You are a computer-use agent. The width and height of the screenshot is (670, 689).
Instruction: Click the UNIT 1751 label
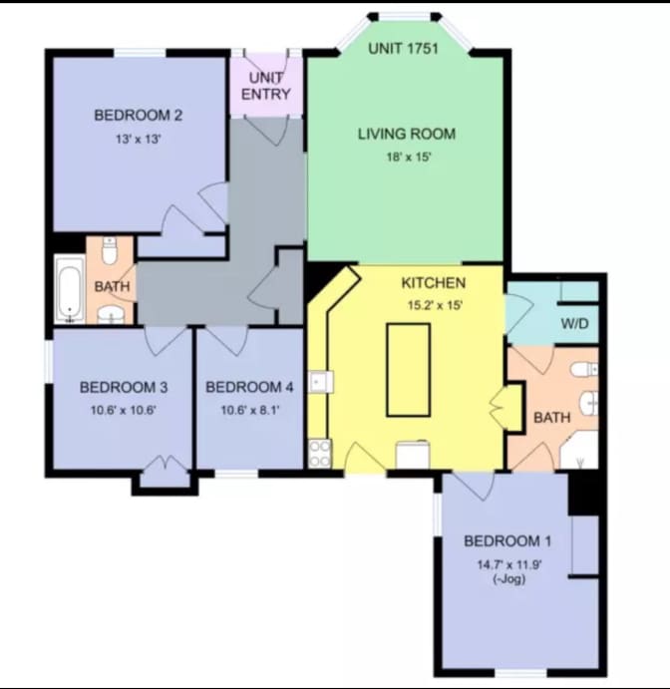pos(404,49)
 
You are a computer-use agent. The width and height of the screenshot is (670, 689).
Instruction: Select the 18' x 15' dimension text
pos(407,158)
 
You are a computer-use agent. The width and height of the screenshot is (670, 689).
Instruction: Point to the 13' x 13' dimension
pos(138,140)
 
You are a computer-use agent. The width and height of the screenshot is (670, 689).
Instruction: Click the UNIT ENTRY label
pos(265,86)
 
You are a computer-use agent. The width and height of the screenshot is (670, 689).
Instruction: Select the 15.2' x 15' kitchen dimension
pos(435,306)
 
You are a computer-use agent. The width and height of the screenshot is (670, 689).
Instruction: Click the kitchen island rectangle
pos(408,369)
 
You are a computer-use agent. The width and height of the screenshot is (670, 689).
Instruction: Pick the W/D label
pos(573,323)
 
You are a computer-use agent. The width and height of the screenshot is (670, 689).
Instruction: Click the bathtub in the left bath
pos(69,289)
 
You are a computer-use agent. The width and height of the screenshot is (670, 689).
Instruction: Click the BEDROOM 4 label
pos(249,387)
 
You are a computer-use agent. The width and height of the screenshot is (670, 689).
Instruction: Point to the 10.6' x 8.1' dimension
pos(249,409)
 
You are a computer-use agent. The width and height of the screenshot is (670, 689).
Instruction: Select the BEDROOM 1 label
pos(507,541)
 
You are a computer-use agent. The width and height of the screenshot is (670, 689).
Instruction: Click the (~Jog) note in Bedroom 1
pos(507,581)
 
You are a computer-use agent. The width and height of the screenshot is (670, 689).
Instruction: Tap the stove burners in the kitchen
pos(320,454)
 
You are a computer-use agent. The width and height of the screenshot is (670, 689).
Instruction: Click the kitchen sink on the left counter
pos(318,382)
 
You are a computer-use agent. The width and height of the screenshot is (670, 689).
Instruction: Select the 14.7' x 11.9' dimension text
pos(507,564)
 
